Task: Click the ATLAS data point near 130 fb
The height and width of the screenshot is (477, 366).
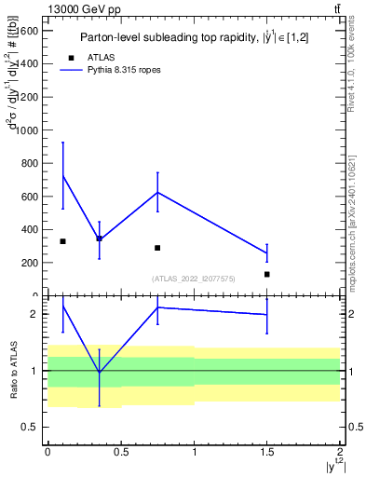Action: coord(266,274)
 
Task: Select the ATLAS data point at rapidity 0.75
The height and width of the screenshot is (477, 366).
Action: coord(157,248)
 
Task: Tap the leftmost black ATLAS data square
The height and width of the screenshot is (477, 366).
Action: coord(62,241)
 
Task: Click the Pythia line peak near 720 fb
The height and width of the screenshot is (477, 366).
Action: coord(62,176)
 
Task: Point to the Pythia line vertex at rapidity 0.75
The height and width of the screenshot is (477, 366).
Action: coord(157,192)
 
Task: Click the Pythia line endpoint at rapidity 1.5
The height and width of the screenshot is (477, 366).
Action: coord(266,253)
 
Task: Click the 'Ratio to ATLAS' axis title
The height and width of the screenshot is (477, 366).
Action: coord(14,372)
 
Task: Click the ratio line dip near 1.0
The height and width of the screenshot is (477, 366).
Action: coord(99,373)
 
